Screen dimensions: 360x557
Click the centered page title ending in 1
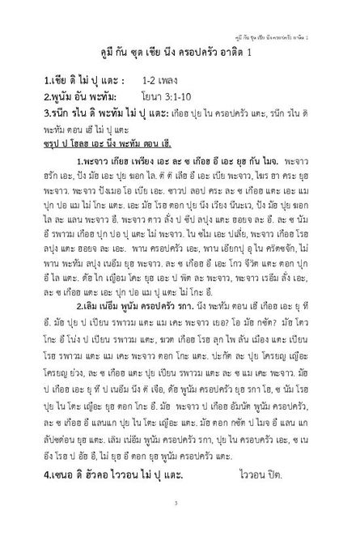click(x=180, y=52)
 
